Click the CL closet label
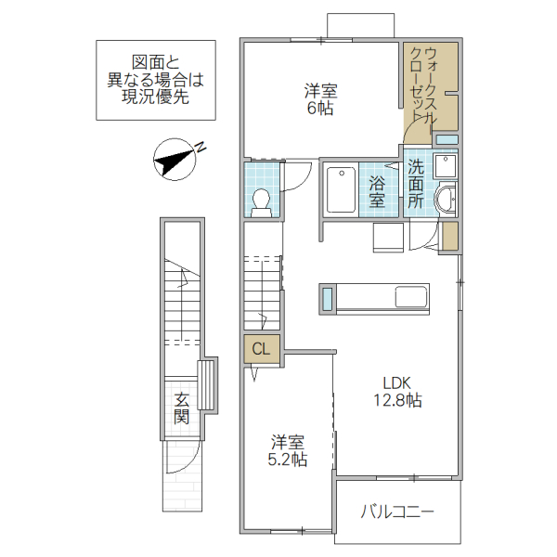(x=262, y=349)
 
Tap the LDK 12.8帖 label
(x=398, y=393)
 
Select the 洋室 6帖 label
(x=321, y=99)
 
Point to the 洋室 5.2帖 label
(x=289, y=451)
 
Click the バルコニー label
(x=397, y=512)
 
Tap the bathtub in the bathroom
(x=341, y=189)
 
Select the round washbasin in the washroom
(x=447, y=199)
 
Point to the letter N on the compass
(x=200, y=146)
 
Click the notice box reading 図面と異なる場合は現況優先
(x=156, y=81)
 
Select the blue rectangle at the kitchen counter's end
(x=327, y=299)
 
